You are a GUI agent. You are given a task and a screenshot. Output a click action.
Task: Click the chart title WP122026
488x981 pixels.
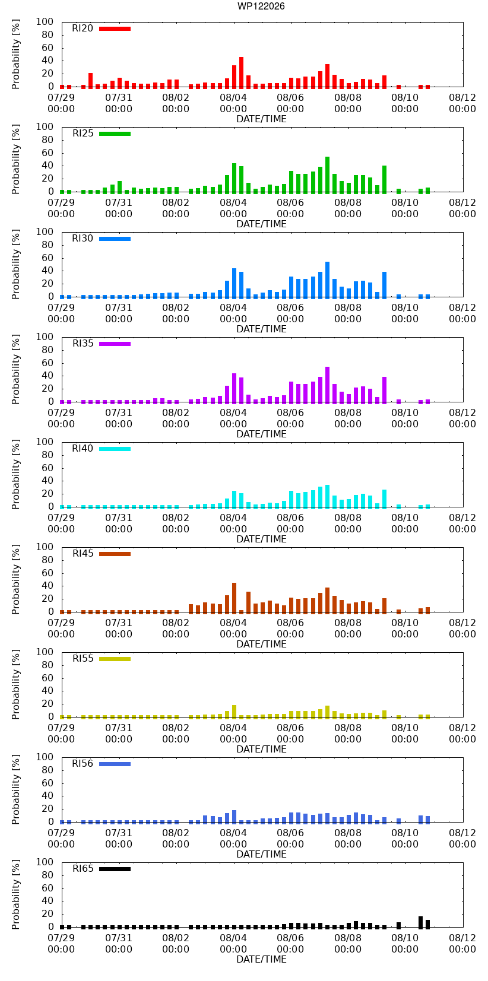tap(261, 6)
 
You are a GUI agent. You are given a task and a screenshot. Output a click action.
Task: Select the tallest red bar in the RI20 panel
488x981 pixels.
tap(242, 72)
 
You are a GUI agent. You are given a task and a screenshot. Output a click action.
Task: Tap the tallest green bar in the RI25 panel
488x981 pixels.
tap(327, 174)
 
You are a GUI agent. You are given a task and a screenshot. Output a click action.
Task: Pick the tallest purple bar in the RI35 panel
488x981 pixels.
tap(327, 385)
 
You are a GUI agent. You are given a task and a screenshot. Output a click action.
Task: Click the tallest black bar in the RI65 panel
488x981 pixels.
tap(420, 922)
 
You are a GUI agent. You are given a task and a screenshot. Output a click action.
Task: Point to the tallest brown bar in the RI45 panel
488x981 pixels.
tap(235, 598)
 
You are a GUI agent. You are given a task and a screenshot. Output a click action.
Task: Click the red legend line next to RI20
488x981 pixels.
tap(115, 28)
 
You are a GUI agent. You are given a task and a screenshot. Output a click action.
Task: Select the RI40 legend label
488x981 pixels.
tap(83, 449)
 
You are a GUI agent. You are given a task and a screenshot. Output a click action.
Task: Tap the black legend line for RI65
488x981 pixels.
tap(115, 869)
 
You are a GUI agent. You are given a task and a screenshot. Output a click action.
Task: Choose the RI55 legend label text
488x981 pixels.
tap(83, 658)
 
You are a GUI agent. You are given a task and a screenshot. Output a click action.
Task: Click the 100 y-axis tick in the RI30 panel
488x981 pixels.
tap(45, 231)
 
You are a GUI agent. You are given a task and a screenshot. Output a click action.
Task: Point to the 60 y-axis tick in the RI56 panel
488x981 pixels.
tap(47, 783)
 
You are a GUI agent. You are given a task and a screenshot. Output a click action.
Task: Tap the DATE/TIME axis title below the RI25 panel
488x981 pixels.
tap(262, 224)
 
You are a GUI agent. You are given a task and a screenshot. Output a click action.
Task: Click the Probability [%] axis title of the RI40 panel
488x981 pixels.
tap(16, 474)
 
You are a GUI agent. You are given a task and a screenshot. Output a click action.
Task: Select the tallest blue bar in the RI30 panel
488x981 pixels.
tap(327, 280)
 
